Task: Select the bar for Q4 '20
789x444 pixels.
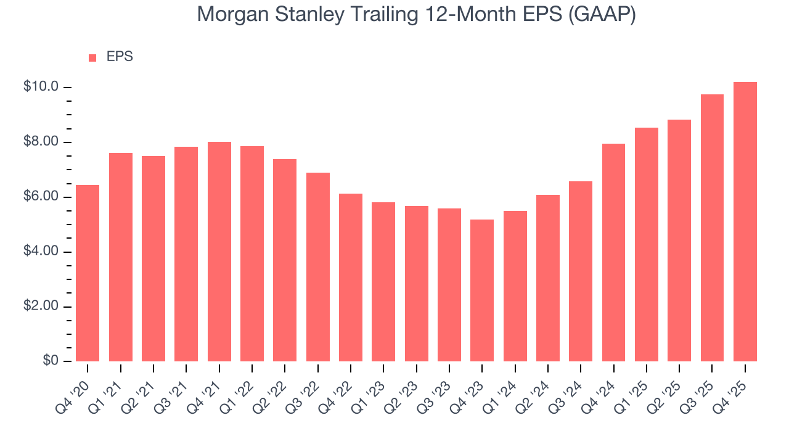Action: pyautogui.click(x=88, y=273)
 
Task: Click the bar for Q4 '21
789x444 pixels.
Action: pyautogui.click(x=219, y=252)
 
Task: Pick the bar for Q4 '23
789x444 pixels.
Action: pyautogui.click(x=482, y=290)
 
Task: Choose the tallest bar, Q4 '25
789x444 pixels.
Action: pyautogui.click(x=745, y=222)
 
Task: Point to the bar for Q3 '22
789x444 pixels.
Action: pyautogui.click(x=318, y=267)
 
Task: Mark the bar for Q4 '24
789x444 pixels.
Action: pyautogui.click(x=613, y=253)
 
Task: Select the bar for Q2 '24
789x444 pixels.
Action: pyautogui.click(x=548, y=278)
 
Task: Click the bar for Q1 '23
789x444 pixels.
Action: pyautogui.click(x=383, y=282)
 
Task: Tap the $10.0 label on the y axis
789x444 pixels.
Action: pyautogui.click(x=41, y=87)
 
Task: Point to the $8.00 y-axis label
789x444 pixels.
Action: pyautogui.click(x=41, y=142)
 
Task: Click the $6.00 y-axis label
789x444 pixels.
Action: pyautogui.click(x=41, y=197)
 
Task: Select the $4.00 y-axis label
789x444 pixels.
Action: pyautogui.click(x=41, y=252)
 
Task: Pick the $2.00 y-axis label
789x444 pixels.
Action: pyautogui.click(x=41, y=306)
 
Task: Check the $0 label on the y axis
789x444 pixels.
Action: pyautogui.click(x=50, y=361)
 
